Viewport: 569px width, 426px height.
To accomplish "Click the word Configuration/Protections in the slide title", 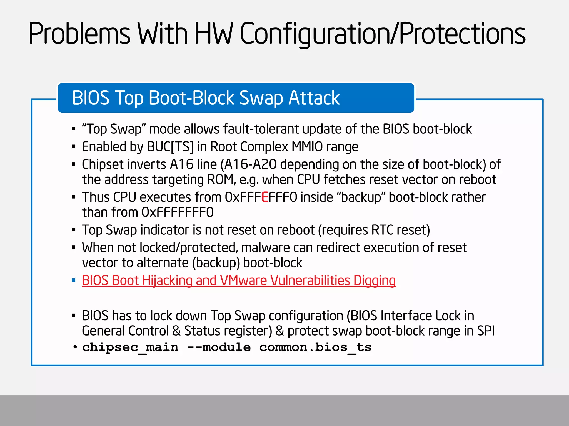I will [x=383, y=34].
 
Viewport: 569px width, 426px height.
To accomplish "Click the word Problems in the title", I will [x=79, y=34].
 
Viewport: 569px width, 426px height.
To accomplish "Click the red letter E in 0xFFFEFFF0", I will [x=265, y=197].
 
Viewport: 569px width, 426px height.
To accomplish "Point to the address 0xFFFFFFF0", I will [x=178, y=212].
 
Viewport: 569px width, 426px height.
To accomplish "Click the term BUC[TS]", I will [x=170, y=147].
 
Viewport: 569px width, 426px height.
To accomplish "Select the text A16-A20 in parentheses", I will [x=250, y=164].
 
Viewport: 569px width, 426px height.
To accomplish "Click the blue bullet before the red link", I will [x=74, y=280].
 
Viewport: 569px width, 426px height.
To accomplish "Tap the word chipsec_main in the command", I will [x=130, y=347].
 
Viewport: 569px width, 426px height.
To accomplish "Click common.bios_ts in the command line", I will [x=315, y=347].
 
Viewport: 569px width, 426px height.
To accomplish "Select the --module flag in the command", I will [x=219, y=347].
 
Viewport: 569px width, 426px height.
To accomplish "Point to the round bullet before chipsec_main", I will [x=75, y=347].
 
